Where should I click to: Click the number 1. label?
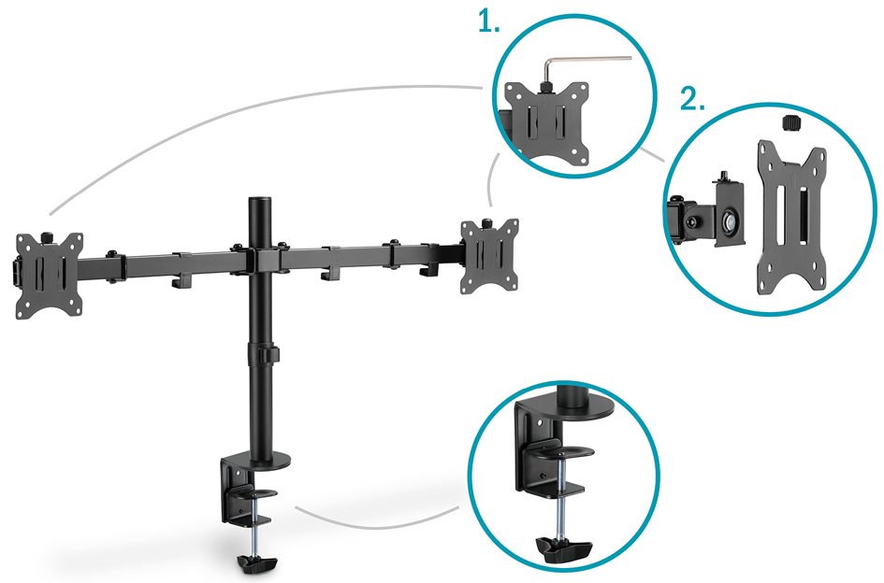tap(488, 21)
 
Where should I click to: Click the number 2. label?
tap(691, 99)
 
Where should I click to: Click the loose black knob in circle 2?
tap(791, 122)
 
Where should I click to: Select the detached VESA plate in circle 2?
tap(791, 217)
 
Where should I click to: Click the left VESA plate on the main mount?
tap(50, 276)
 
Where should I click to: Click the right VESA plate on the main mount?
tap(489, 256)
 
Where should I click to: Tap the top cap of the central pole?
tap(260, 201)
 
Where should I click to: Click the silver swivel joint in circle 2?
tap(728, 220)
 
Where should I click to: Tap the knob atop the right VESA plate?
tap(486, 223)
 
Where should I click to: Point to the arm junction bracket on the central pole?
tap(260, 259)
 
